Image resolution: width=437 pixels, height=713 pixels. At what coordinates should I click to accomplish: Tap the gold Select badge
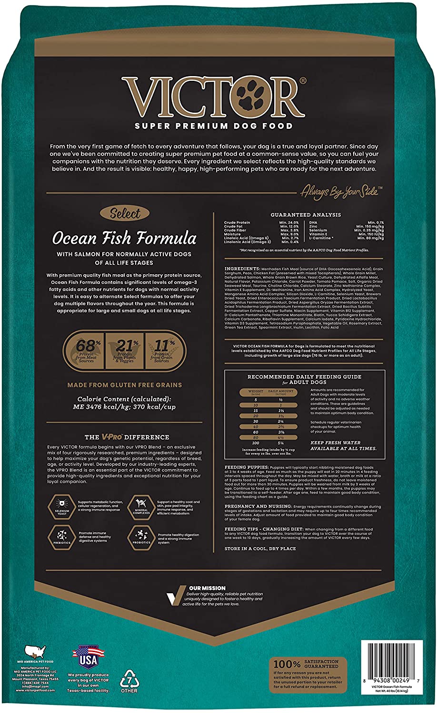(x=125, y=214)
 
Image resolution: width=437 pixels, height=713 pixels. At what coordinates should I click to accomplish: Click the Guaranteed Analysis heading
(x=299, y=215)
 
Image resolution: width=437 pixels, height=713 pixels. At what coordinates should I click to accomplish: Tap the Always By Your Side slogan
(x=339, y=192)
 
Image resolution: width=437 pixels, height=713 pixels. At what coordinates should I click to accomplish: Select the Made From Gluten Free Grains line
(x=124, y=385)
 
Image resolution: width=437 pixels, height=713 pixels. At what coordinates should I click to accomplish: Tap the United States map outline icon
(x=35, y=652)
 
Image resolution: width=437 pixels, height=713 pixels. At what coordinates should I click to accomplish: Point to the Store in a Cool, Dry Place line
(x=260, y=549)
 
